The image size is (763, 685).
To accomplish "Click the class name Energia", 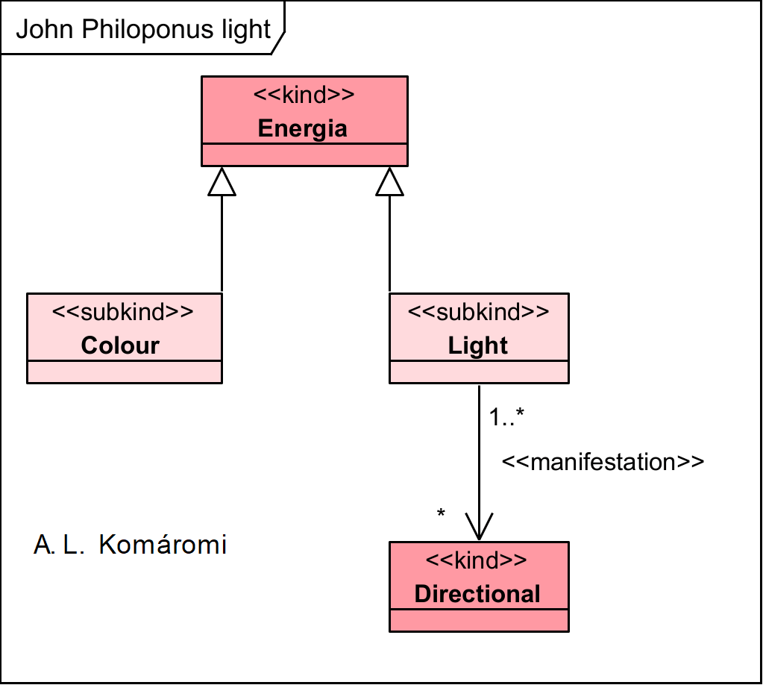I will tap(303, 128).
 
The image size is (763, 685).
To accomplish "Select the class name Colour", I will tap(120, 345).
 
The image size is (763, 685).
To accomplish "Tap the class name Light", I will tap(478, 345).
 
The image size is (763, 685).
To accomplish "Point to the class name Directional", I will tap(477, 594).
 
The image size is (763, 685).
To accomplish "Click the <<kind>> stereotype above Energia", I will tap(303, 96).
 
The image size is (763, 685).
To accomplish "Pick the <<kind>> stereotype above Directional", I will tap(477, 560).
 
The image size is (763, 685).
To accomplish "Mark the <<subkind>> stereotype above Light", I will tap(478, 312).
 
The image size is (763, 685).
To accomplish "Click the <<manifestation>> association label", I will tap(603, 462).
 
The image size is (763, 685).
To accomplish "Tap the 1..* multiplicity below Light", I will tap(508, 418).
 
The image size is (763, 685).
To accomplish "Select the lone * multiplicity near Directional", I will tap(441, 514).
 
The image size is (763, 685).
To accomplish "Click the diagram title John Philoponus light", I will tap(142, 29).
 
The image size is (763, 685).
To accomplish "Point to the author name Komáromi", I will tap(162, 545).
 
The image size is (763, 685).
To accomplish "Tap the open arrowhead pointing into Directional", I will tap(478, 526).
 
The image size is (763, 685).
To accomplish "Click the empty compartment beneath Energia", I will tap(304, 154).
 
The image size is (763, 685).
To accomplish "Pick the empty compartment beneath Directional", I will tap(479, 620).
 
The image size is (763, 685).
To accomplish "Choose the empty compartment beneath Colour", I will tap(124, 372).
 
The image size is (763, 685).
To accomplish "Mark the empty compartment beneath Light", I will tap(479, 372).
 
